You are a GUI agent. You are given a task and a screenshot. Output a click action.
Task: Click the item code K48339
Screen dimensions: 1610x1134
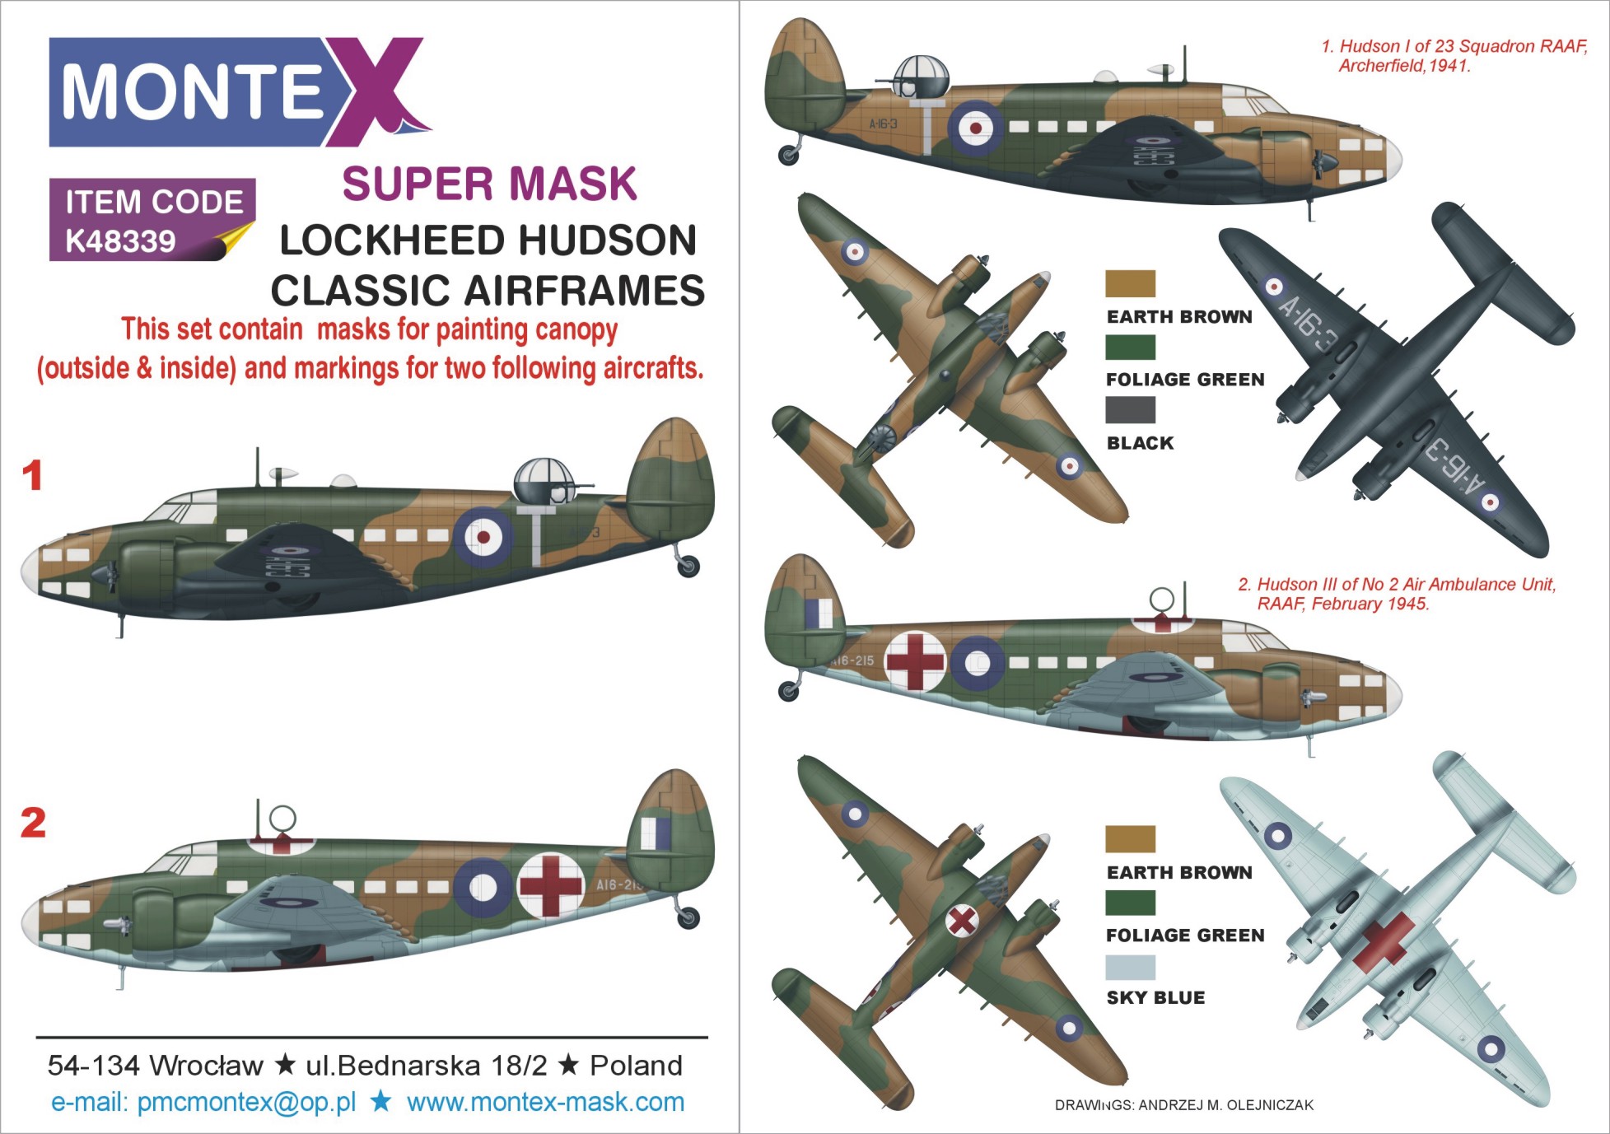coord(120,240)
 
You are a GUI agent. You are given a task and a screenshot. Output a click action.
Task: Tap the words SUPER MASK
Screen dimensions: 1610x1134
coord(489,183)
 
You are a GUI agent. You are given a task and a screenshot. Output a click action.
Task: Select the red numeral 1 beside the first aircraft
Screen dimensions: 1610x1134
coord(32,476)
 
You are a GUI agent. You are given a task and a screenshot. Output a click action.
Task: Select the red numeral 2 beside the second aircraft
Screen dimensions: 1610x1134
coord(33,823)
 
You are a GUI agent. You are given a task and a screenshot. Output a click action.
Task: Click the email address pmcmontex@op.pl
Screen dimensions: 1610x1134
coord(246,1102)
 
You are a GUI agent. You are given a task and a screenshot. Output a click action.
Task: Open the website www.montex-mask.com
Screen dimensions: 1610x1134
coord(545,1102)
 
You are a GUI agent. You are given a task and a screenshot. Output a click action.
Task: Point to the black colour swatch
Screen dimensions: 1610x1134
coord(1130,410)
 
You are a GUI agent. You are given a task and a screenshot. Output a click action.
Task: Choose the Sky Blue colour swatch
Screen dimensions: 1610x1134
coord(1130,967)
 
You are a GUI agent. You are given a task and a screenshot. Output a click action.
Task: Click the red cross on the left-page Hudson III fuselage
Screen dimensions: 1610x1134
coord(551,886)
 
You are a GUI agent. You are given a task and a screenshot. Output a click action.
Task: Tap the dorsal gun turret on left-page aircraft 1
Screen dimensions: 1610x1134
coord(544,481)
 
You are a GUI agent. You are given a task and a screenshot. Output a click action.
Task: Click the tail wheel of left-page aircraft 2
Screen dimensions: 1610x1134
coord(688,917)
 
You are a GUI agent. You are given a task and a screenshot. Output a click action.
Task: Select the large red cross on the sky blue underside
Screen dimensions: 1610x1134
coord(1384,941)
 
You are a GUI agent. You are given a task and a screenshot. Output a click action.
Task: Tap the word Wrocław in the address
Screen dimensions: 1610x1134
coord(207,1066)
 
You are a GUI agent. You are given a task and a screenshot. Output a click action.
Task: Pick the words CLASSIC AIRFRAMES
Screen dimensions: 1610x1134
coord(488,291)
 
